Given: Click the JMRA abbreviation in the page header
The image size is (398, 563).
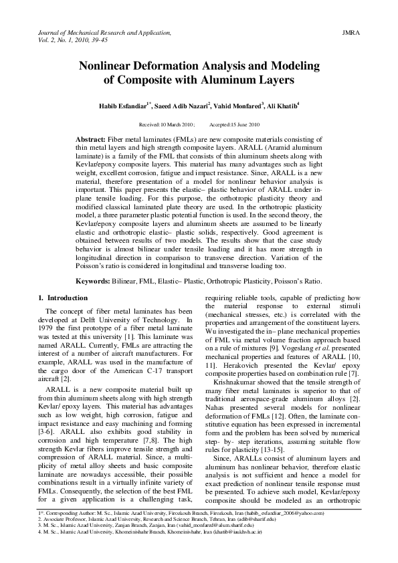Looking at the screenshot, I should [351, 31].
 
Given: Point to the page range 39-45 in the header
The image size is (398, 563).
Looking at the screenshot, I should [97, 39].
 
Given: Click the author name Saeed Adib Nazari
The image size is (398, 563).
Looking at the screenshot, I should [194, 106].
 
